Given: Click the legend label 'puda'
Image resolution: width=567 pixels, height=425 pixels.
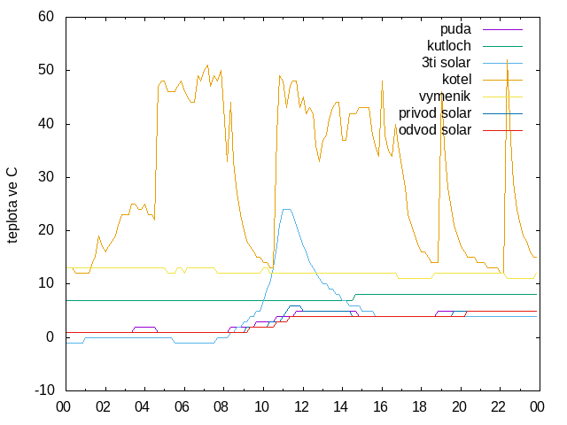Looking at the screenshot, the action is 455,29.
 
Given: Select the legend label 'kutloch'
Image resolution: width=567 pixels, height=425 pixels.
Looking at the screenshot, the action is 449,46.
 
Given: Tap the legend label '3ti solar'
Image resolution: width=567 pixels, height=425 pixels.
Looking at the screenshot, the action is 447,63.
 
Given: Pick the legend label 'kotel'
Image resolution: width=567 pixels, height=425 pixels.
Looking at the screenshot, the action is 457,79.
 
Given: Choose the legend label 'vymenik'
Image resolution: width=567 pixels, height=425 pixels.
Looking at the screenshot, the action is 445,97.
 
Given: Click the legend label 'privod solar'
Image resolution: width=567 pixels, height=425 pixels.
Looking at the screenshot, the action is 435,113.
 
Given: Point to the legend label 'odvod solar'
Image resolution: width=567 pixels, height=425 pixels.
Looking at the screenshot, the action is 435,130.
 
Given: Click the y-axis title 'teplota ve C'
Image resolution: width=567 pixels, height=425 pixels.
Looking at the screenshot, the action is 12,205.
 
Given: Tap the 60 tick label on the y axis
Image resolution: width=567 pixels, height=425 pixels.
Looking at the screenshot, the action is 46,17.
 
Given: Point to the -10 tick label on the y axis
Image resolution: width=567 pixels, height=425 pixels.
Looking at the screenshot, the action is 44,390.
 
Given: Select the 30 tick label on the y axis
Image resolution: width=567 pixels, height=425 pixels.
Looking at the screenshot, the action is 46,177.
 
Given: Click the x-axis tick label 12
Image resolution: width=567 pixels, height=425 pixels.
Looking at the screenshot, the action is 301,407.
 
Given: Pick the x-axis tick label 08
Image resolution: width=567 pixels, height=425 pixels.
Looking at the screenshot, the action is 221,407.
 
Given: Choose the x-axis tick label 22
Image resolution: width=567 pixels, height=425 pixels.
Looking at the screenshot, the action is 498,407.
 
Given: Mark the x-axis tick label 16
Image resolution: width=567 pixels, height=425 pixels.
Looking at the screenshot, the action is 380,407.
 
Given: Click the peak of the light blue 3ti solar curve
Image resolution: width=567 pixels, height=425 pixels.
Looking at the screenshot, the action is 286,209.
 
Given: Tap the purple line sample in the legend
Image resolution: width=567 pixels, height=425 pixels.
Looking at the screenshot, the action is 502,29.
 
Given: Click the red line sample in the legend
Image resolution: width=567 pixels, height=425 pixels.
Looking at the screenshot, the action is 502,130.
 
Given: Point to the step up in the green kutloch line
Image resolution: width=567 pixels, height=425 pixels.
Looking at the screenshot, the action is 354,297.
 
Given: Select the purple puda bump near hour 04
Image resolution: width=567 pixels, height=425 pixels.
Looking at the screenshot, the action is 144,327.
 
